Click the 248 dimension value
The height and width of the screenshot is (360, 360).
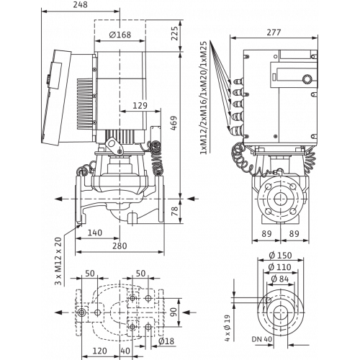pos(81,5)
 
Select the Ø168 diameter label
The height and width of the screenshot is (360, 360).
pos(120,35)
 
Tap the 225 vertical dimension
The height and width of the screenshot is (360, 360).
pos(175,33)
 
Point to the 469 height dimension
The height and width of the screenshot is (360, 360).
pos(174,123)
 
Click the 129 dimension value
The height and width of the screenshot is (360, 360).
pos(140,105)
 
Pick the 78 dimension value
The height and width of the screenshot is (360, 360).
pos(175,211)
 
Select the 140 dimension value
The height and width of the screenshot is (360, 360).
pos(95,233)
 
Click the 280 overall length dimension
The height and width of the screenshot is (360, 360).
pos(120,246)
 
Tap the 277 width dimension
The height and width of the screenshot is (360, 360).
pos(274,32)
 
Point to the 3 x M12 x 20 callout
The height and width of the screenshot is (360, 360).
pos(58,261)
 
